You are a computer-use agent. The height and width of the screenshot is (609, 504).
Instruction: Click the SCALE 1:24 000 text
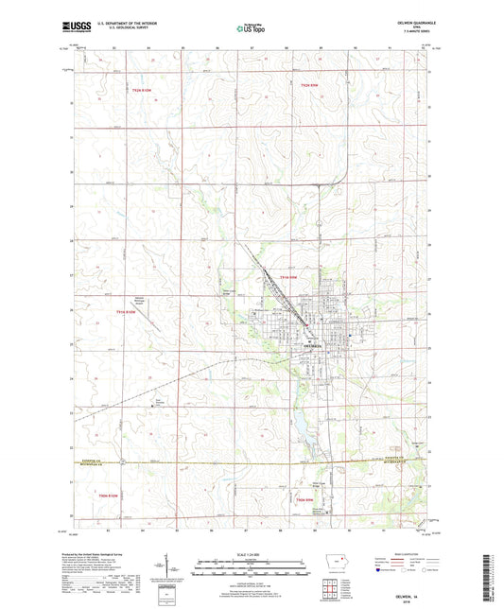pos(250,555)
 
